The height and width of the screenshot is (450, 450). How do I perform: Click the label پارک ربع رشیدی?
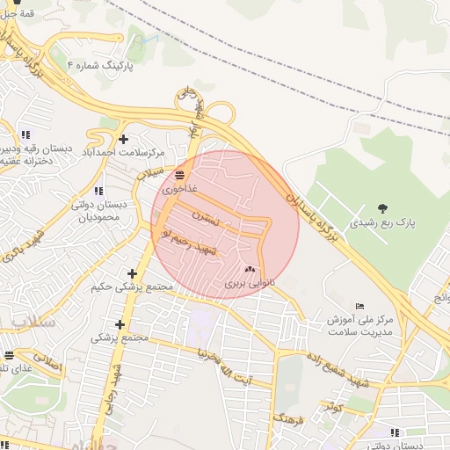(383, 223)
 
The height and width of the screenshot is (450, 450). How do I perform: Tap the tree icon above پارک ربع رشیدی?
(383, 208)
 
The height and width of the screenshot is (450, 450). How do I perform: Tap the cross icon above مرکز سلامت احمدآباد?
(123, 138)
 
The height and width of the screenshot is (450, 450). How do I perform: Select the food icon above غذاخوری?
(179, 175)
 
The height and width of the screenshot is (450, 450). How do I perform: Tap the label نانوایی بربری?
(250, 283)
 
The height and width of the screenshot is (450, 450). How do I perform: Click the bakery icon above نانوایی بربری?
(250, 270)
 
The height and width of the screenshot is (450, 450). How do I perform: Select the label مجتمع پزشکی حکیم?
(132, 287)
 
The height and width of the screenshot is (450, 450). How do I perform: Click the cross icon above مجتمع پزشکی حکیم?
(132, 273)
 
